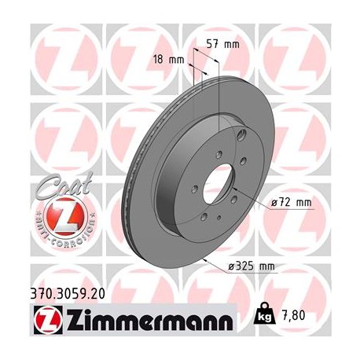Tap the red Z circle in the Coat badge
59,214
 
